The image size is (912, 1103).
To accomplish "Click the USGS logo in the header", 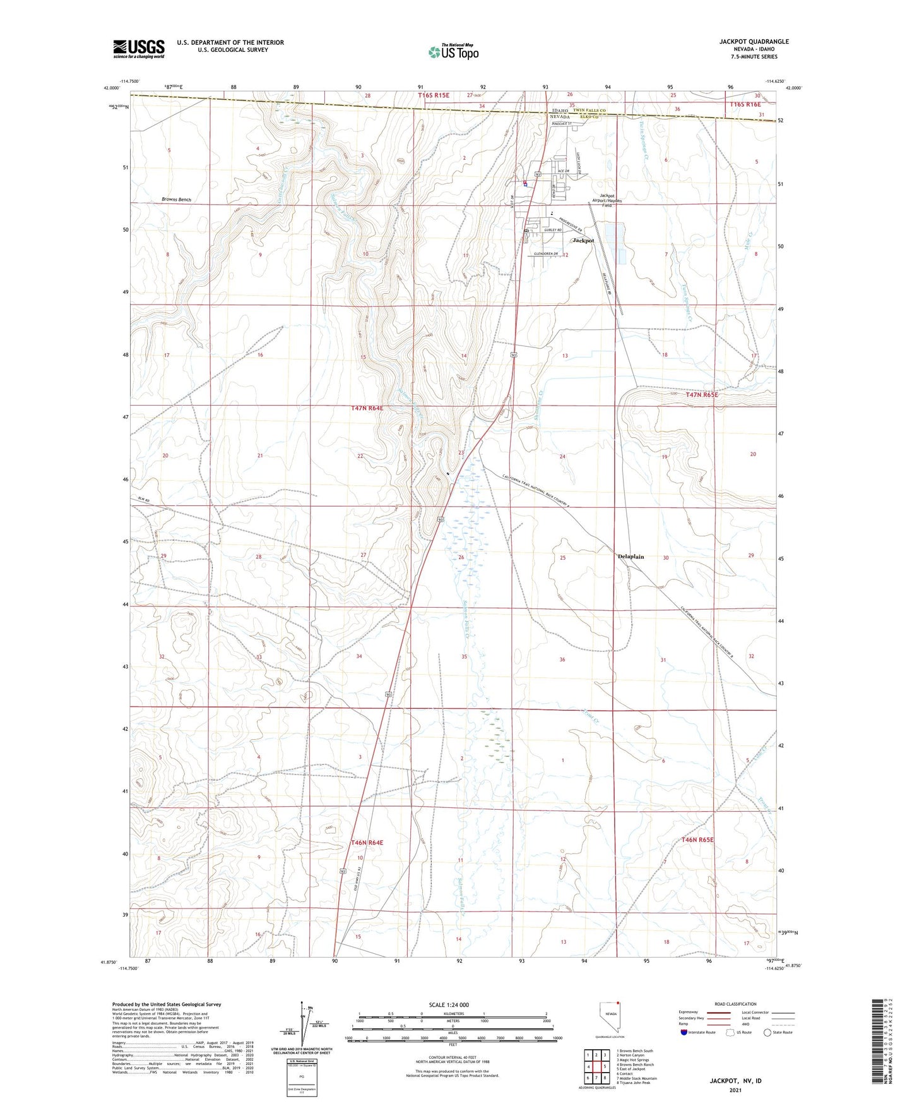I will (x=138, y=49).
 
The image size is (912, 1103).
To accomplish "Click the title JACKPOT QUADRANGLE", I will (x=754, y=42).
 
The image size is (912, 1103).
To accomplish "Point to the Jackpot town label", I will (x=583, y=241).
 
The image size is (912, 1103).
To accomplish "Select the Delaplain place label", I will (x=631, y=557).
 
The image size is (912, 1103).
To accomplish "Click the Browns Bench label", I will (x=176, y=200).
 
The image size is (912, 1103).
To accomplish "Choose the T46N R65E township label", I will (x=697, y=840).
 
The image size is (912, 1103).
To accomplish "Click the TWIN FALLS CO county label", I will (x=586, y=111).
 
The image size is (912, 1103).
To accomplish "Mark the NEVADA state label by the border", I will (x=559, y=118).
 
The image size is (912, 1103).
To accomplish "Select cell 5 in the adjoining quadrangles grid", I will (x=604, y=1066).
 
